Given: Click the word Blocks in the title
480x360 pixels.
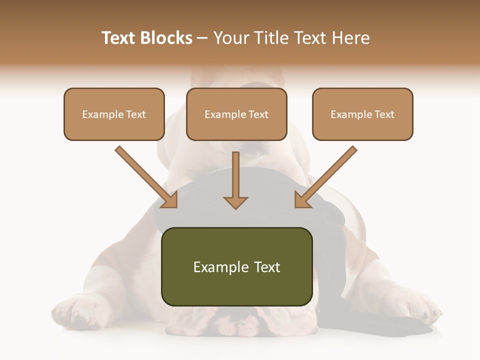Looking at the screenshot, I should point(166,38).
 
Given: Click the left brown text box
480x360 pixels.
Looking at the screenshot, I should point(114,114).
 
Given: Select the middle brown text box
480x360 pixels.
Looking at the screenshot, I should point(236,114).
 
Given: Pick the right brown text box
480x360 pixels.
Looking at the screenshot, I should point(362,114).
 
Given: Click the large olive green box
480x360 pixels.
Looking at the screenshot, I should point(236,267).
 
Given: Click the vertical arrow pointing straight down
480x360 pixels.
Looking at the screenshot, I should point(235,177).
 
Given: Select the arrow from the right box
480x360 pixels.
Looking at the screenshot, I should point(327,175).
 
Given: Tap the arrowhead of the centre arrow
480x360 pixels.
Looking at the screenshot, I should point(235,202).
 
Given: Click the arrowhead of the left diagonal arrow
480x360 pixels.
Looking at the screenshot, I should point(170,200).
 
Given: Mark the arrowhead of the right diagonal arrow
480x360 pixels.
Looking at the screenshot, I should point(302,200).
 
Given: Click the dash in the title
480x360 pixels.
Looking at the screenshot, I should point(202,38).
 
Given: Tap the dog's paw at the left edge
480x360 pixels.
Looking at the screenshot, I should point(70,310).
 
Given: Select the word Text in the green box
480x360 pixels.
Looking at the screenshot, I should point(268,267).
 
